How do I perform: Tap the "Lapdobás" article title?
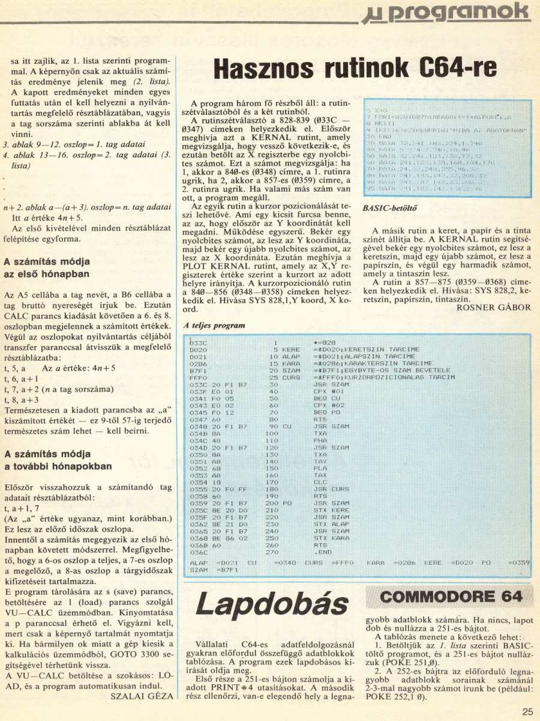pyautogui.click(x=273, y=606)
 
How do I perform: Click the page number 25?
pyautogui.click(x=527, y=711)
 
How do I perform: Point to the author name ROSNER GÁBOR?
pyautogui.click(x=493, y=307)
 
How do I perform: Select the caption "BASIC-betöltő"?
pyautogui.click(x=390, y=208)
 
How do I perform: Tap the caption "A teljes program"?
pyautogui.click(x=214, y=325)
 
